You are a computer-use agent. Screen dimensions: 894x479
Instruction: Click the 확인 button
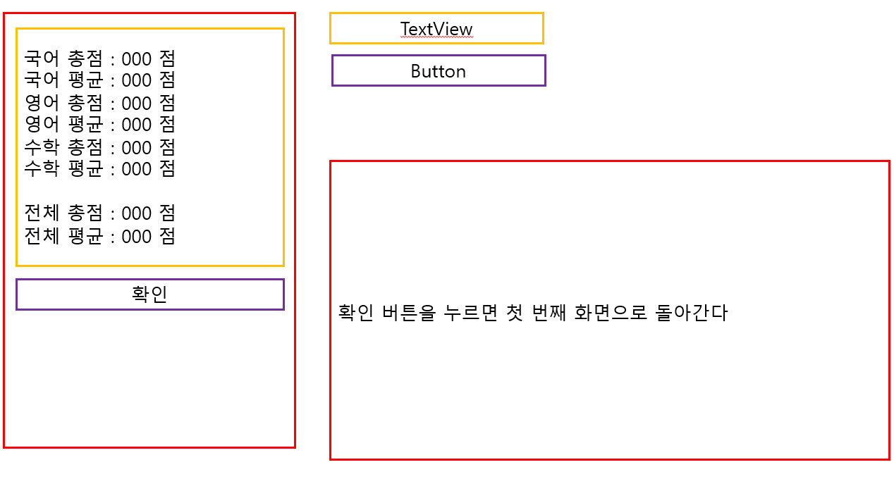click(149, 294)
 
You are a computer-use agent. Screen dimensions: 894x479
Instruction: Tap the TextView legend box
click(436, 28)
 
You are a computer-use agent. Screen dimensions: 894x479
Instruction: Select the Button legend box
click(439, 70)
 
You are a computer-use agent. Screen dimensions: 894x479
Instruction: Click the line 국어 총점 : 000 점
click(99, 58)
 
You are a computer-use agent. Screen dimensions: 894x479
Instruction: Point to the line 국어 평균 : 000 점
click(99, 79)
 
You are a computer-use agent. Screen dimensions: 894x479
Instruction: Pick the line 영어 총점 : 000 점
click(99, 103)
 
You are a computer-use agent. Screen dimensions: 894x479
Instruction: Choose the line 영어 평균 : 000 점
click(99, 124)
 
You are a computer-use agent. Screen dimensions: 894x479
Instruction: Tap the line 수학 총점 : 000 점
click(99, 147)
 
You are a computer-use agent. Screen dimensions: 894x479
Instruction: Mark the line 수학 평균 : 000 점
click(99, 168)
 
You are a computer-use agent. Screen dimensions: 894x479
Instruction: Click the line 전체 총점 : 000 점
click(99, 213)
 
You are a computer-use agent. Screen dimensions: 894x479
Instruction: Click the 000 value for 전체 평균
click(137, 237)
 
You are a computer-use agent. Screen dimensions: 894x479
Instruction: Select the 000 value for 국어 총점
click(137, 58)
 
